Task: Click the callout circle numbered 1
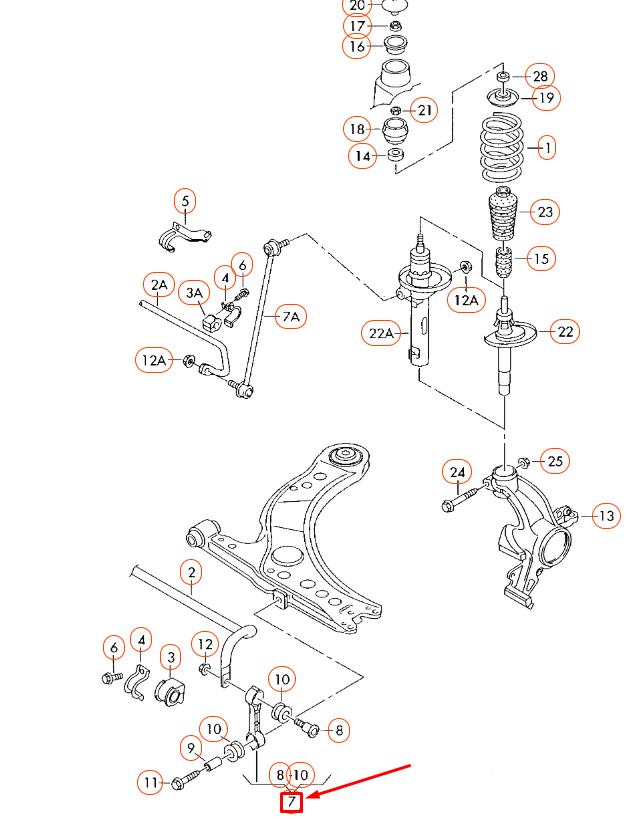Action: click(x=546, y=148)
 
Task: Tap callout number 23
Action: click(x=545, y=212)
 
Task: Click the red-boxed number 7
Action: click(x=291, y=802)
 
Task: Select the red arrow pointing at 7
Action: click(x=360, y=782)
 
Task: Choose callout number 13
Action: click(x=606, y=516)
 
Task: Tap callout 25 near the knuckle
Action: click(x=555, y=461)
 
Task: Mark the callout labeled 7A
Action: click(x=291, y=317)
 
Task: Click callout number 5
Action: click(x=185, y=201)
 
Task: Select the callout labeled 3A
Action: click(x=195, y=293)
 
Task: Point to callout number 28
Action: click(x=540, y=76)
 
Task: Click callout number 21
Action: click(x=424, y=110)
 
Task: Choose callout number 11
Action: click(x=151, y=782)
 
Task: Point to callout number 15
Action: click(x=540, y=259)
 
